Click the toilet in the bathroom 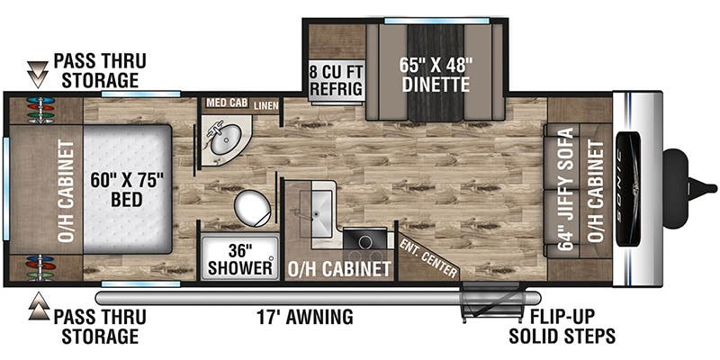point(252,209)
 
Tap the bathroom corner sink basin point(225,139)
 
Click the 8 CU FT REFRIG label point(337,81)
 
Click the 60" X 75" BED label point(127,190)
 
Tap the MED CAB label point(227,103)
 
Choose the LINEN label point(265,106)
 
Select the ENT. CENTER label point(428,257)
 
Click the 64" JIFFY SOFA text point(566,189)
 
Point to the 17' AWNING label point(304,317)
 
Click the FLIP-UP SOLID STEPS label point(562,326)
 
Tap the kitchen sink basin point(316,214)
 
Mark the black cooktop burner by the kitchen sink point(364,239)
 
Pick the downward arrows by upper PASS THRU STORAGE point(38,75)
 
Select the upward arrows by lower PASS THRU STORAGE point(39,306)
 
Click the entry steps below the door point(493,301)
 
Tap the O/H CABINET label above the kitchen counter point(339,269)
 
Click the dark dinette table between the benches point(436,73)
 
